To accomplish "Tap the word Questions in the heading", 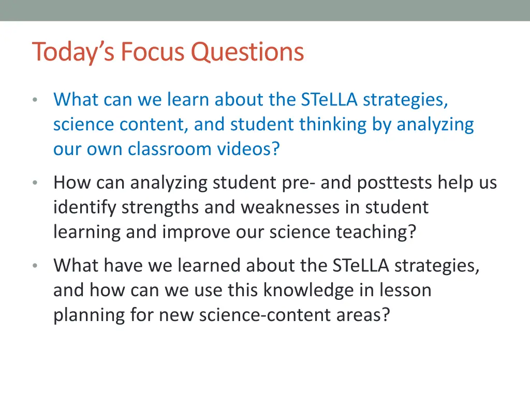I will (247, 52).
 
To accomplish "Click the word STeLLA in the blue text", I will (329, 99).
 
